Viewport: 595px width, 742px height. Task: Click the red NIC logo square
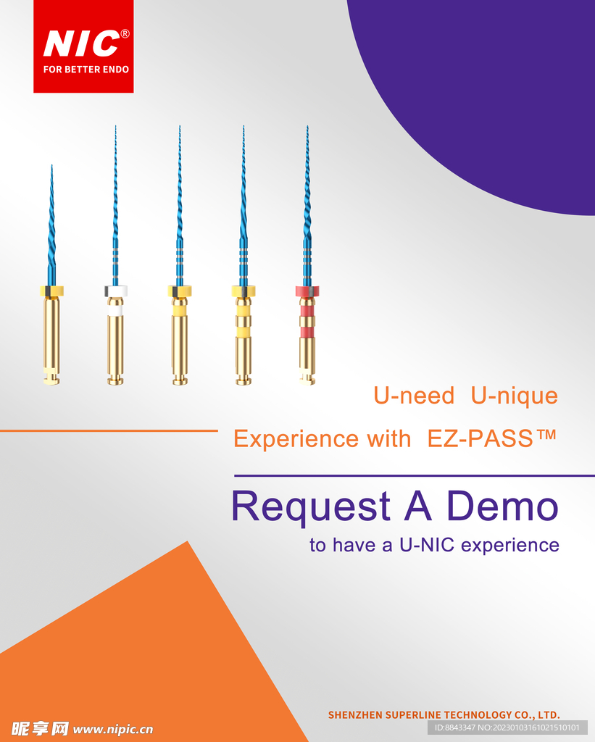point(83,46)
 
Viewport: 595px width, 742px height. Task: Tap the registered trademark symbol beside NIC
point(125,33)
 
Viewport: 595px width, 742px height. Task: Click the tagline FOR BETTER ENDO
point(86,70)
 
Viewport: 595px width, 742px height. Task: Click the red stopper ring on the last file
point(307,291)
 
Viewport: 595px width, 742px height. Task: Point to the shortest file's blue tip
point(51,166)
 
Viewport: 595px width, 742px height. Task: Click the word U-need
point(414,395)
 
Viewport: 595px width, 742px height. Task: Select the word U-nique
point(514,396)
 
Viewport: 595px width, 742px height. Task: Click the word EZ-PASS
point(480,438)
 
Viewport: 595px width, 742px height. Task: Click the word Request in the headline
point(311,506)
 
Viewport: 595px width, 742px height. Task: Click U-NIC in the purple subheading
point(426,545)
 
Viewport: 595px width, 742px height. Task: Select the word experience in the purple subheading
point(510,546)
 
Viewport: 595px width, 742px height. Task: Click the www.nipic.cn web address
point(113,729)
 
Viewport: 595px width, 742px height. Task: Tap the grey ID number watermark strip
point(507,728)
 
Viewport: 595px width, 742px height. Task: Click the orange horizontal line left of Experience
point(109,430)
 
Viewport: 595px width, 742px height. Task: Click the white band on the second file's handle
point(116,310)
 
